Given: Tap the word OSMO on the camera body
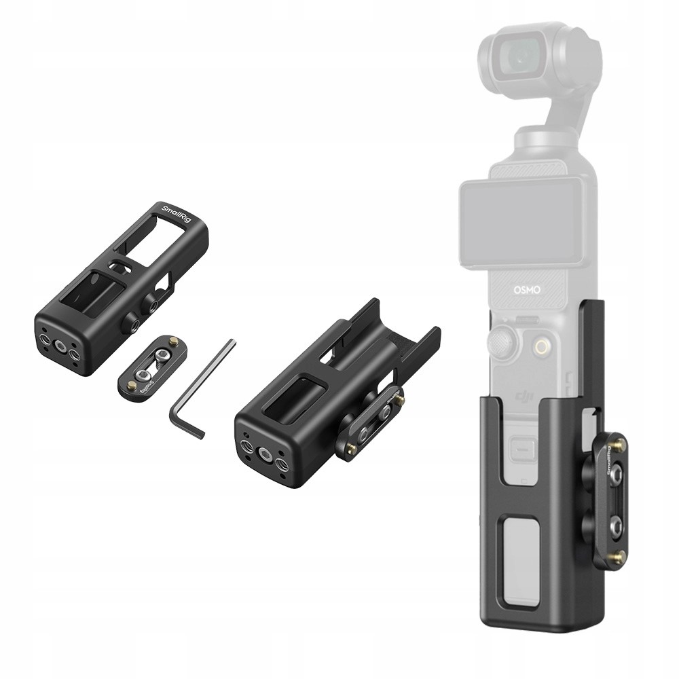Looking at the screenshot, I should (527, 289).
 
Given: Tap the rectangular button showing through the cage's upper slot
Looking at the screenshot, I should (522, 449).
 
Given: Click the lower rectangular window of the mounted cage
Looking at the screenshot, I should (523, 537).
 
